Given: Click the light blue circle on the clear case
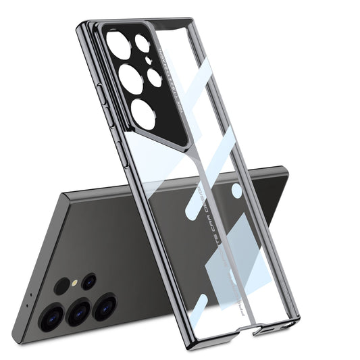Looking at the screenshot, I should [x=237, y=191].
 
